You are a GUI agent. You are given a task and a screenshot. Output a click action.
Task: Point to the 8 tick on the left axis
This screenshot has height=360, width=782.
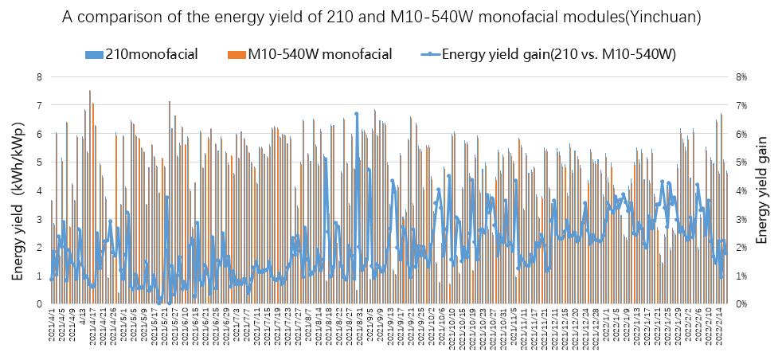38,76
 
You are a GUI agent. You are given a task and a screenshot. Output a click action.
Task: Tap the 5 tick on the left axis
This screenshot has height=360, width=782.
38,162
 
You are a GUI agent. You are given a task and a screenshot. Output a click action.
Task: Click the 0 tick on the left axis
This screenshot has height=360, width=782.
38,303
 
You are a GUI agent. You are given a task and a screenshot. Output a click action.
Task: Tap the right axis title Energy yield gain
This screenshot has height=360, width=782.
762,190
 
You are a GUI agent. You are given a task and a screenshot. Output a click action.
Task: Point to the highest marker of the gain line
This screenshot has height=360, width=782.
357,114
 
